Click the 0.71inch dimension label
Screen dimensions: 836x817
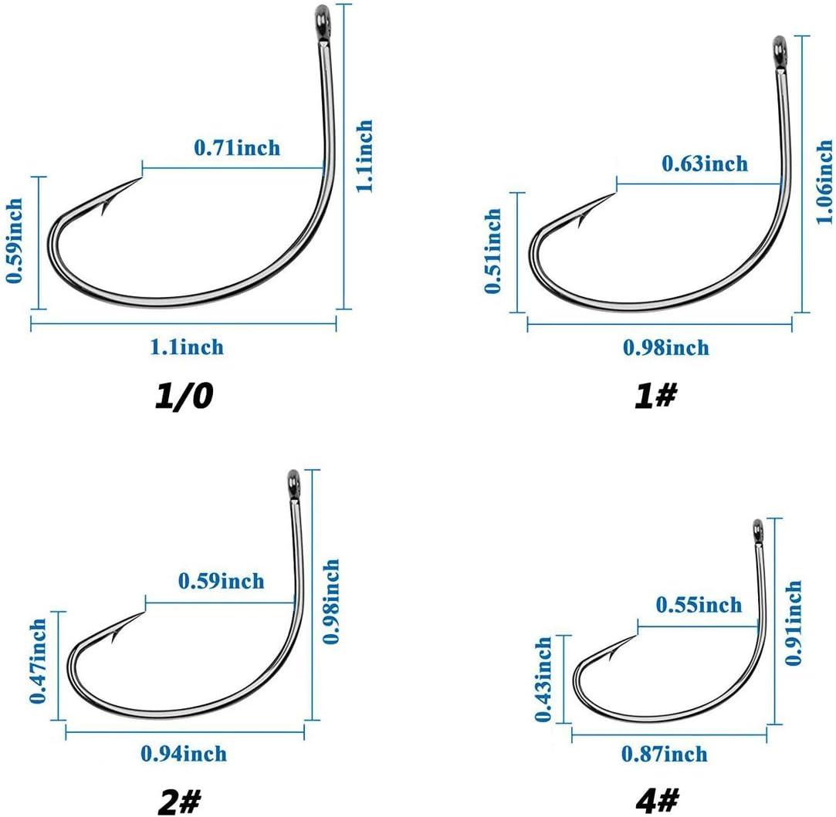237,147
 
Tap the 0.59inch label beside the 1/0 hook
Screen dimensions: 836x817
15,241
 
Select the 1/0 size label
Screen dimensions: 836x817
184,396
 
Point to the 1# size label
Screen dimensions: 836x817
655,396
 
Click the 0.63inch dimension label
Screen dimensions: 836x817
705,164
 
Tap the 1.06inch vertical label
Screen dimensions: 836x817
824,182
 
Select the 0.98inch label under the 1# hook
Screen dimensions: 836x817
666,347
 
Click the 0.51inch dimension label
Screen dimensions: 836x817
492,251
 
